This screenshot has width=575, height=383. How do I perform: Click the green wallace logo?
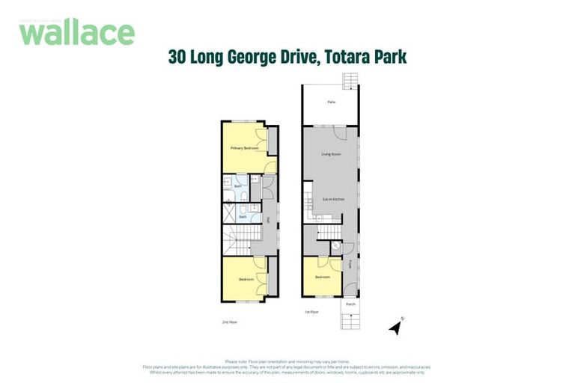(76, 32)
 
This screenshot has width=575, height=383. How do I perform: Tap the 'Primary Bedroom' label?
(244, 148)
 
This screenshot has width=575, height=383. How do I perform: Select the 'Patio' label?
(330, 102)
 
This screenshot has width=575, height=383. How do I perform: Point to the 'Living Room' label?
(330, 155)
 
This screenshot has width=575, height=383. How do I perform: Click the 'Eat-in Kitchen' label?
(332, 199)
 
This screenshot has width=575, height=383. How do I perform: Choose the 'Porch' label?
(350, 304)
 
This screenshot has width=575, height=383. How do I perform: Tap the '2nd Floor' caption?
(229, 322)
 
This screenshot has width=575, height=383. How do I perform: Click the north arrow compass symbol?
(395, 326)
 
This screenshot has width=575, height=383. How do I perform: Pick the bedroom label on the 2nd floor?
(246, 279)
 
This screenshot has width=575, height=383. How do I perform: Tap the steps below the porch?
(350, 321)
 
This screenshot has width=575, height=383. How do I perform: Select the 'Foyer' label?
(350, 263)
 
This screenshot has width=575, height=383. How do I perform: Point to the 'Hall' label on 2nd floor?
(268, 220)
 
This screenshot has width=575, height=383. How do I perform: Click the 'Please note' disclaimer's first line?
(287, 362)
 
